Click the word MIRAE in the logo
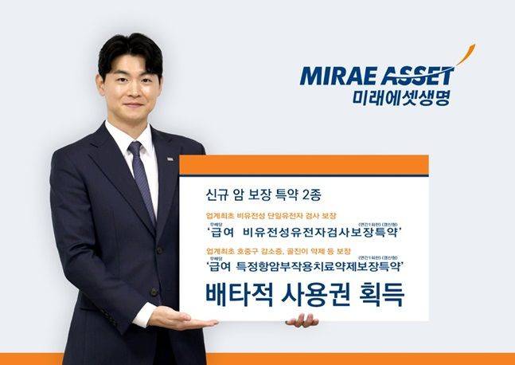coord(334,77)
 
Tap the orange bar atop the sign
coord(303,164)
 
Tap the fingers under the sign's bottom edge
coord(302,320)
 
